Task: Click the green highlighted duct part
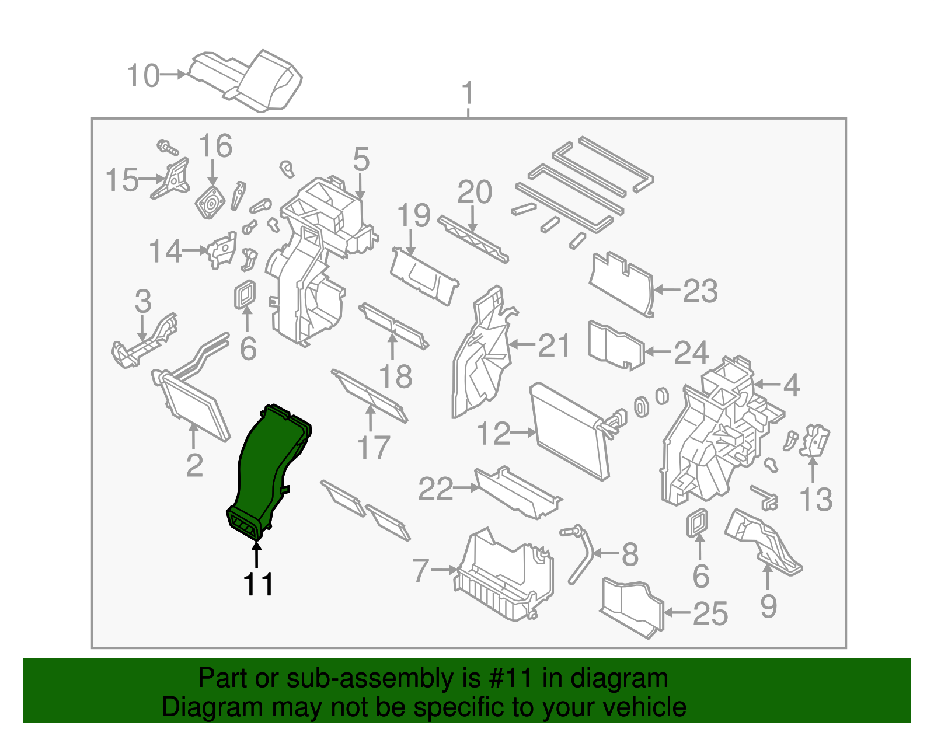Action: (x=266, y=467)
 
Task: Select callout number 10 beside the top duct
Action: (x=143, y=76)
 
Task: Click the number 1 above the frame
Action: (x=468, y=93)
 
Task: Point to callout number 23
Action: (x=700, y=291)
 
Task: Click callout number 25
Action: (x=710, y=613)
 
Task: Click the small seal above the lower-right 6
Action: (x=697, y=522)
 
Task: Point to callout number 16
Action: (x=215, y=146)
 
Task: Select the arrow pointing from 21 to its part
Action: (x=522, y=345)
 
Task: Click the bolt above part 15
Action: (x=166, y=147)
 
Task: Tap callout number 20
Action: (x=474, y=192)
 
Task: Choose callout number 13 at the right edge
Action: (x=815, y=500)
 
